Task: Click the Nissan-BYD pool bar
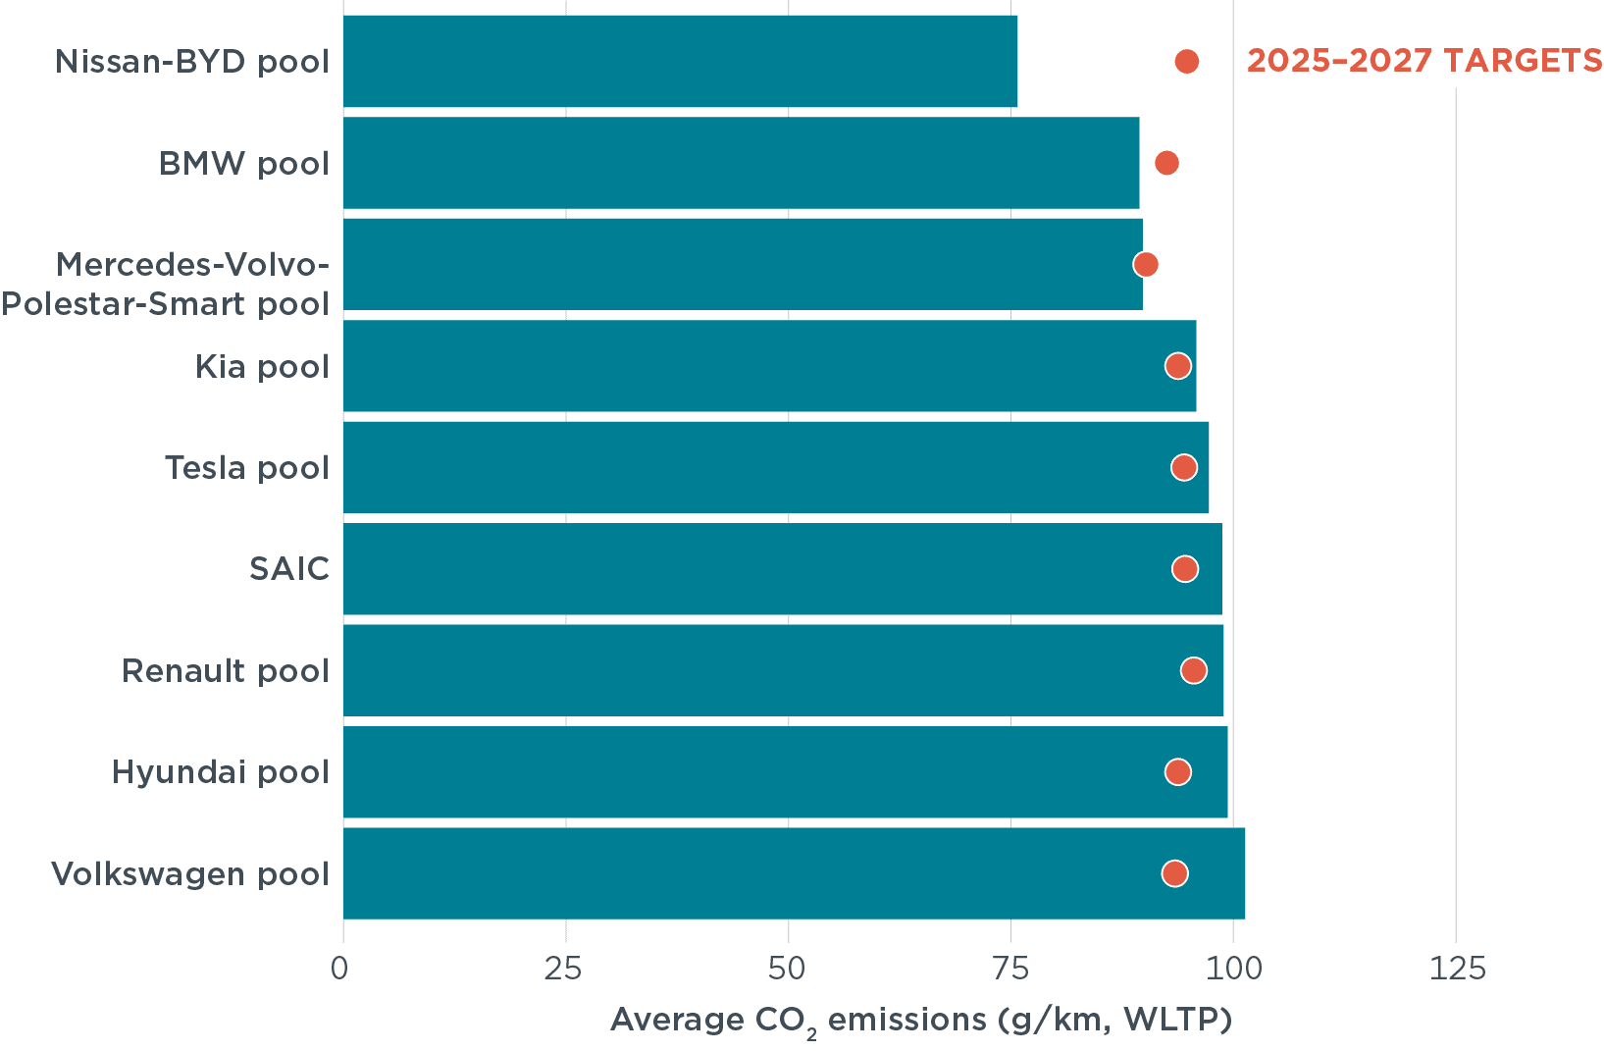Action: (x=680, y=61)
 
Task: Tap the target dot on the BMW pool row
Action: (x=1166, y=163)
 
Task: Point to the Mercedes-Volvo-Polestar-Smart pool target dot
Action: (x=1145, y=264)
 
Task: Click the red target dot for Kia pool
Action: (x=1178, y=366)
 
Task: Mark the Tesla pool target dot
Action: (x=1184, y=467)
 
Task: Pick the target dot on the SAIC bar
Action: (x=1185, y=569)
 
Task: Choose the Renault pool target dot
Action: (x=1193, y=670)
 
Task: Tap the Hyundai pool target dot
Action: (x=1178, y=772)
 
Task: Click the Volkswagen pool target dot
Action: (x=1174, y=873)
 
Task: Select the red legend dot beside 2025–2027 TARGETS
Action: (x=1187, y=62)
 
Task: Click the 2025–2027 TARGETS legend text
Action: (x=1424, y=61)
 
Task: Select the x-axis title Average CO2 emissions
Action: (x=920, y=1021)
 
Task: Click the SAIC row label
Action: (x=289, y=569)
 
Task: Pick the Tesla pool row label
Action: (x=247, y=468)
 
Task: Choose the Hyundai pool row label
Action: (x=221, y=772)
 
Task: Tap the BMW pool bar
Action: (x=741, y=163)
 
